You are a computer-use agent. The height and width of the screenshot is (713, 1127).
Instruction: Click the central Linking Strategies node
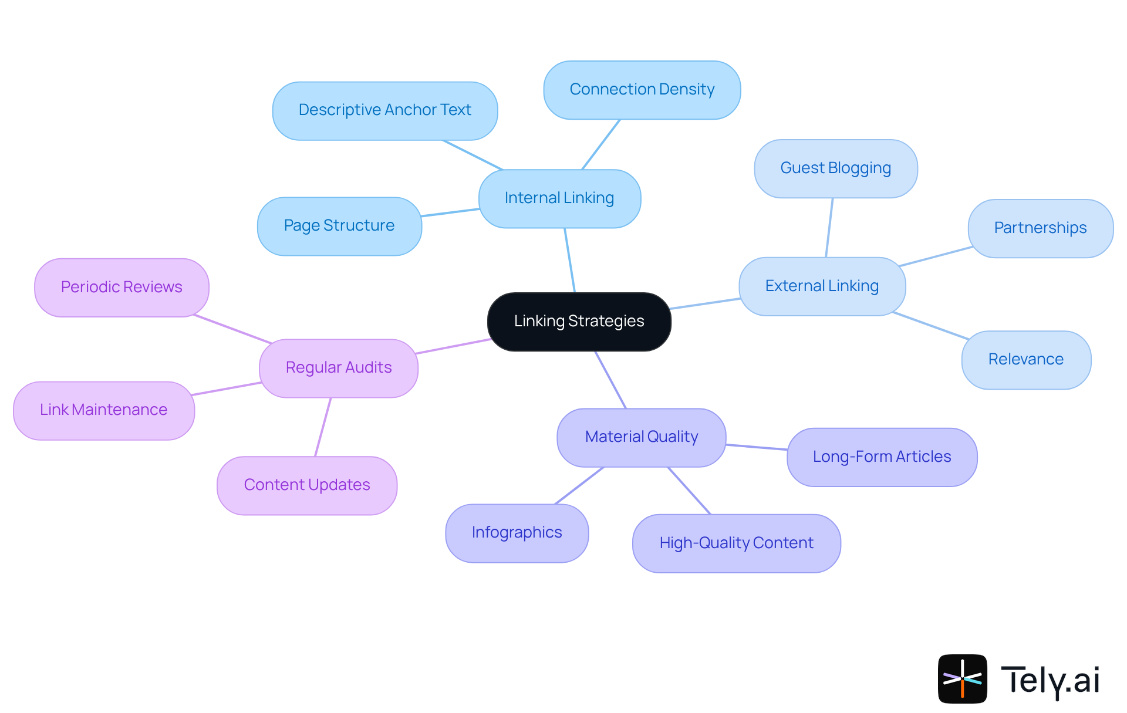[579, 322]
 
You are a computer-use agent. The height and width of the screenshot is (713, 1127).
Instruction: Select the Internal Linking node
[559, 198]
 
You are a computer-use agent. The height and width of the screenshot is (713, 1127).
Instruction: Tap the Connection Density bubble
[642, 90]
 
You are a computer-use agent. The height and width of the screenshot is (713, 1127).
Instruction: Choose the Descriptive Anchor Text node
[384, 110]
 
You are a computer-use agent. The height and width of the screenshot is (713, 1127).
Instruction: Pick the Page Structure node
[339, 226]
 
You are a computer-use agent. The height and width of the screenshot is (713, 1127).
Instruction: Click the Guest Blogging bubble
[835, 168]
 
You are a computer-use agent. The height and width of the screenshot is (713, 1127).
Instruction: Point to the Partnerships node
[1040, 228]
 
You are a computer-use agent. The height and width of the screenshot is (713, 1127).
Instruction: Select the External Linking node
[822, 286]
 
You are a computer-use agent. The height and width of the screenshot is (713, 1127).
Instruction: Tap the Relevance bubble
[1025, 360]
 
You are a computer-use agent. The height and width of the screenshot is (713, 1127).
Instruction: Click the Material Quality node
[641, 437]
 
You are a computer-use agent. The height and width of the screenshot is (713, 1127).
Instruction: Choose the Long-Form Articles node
[882, 457]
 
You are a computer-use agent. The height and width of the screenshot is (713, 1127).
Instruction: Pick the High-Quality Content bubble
[736, 543]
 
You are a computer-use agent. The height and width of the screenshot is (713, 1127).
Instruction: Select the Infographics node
[517, 533]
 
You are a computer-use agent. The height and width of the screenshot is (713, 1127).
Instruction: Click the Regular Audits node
[339, 368]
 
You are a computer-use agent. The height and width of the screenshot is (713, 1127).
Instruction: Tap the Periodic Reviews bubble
[122, 288]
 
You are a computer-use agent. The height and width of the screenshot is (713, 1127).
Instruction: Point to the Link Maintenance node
[103, 410]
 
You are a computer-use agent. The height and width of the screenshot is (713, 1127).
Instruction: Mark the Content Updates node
[307, 485]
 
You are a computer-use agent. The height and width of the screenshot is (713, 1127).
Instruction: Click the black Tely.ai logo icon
[962, 678]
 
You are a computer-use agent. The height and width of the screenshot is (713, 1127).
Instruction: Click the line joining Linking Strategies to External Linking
[704, 303]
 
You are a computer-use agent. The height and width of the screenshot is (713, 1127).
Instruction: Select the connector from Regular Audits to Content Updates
[323, 427]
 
